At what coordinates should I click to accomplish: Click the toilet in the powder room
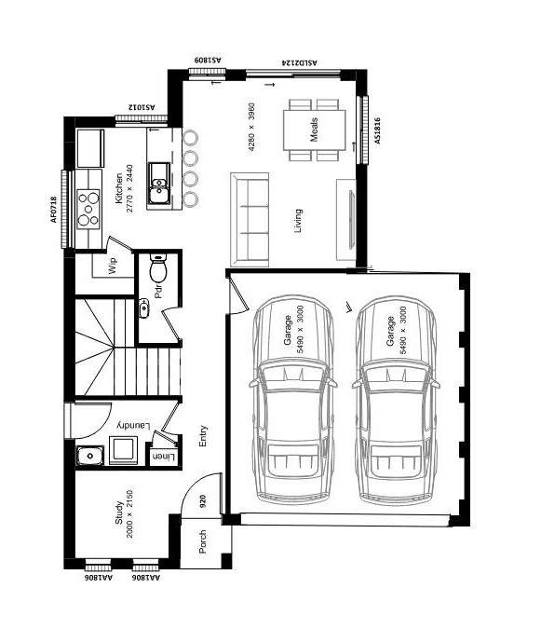pos(157,271)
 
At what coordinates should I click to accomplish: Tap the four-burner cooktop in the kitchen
pos(88,209)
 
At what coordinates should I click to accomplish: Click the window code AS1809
pos(208,60)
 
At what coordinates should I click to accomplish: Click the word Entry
pos(202,435)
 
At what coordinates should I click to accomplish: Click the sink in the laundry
pos(89,455)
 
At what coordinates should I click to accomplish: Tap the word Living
pos(298,221)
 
